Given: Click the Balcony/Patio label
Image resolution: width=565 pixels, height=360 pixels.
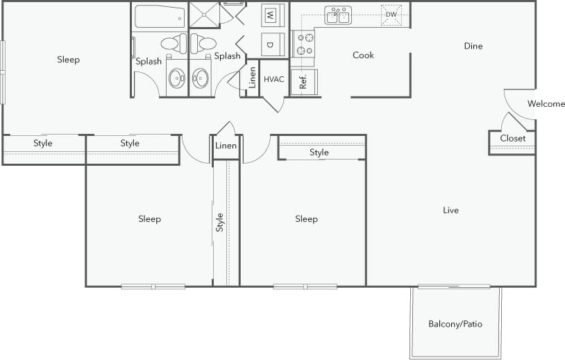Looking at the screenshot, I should [455, 324].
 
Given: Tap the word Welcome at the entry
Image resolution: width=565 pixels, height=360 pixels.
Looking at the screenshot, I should [546, 104].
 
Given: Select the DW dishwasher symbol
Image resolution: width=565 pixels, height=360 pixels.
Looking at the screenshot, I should [391, 15].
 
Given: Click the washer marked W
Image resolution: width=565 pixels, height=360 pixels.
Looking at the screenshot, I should [272, 15].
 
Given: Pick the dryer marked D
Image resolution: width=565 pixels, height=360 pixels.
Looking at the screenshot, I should [272, 44].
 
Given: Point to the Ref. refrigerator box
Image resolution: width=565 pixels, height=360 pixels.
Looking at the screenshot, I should [303, 82].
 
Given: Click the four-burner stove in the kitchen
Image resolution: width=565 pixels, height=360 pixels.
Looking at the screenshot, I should [304, 44].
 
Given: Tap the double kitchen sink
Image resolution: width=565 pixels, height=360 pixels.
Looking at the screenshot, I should [338, 15].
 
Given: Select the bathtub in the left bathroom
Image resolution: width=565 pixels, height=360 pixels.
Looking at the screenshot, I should [160, 16].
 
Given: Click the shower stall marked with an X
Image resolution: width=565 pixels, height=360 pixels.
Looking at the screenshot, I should [204, 15].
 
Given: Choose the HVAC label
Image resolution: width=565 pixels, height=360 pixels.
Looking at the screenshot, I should [273, 79].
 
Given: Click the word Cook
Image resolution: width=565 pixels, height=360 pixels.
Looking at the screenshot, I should [363, 55].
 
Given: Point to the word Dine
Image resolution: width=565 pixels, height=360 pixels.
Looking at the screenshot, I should [473, 46].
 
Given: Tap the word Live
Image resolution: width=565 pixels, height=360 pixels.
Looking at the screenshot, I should [450, 210].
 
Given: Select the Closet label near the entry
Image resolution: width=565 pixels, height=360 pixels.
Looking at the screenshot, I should [512, 138].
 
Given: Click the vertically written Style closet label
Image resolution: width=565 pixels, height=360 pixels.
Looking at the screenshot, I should [220, 222].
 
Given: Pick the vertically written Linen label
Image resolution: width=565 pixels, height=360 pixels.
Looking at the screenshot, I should [253, 78].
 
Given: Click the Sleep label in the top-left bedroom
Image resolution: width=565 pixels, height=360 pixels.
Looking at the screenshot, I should [68, 60].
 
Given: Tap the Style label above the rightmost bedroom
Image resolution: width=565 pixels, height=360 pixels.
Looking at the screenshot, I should [319, 153].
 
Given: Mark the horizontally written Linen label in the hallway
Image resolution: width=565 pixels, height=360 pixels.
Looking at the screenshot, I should [226, 146].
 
